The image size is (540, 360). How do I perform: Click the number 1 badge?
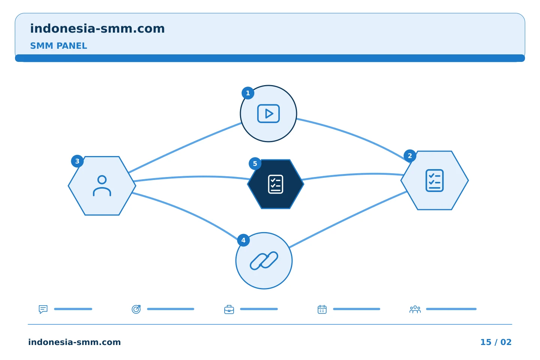coord(248,93)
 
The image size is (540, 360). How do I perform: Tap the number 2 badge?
coord(410,156)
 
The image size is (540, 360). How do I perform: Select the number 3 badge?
coord(77,161)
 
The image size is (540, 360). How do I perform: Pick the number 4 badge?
coord(243,240)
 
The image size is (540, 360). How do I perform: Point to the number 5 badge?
coord(255,164)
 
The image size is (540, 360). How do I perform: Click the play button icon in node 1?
coord(268,114)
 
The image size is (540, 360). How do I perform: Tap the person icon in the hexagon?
coord(102,186)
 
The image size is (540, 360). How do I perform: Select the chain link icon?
coord(264,261)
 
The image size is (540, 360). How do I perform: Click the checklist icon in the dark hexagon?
coord(276,184)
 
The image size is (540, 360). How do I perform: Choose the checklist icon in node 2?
coord(435,180)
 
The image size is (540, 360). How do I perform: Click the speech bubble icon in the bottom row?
coord(43,309)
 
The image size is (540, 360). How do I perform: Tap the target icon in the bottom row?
coord(136,309)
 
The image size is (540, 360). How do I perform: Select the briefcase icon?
coord(229,310)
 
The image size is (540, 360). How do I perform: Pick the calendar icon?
coord(322,309)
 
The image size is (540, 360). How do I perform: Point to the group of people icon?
coord(415,309)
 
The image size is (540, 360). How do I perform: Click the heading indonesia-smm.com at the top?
coord(97,28)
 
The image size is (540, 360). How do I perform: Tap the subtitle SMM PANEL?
coord(58,46)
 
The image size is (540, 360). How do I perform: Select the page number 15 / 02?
coord(496,342)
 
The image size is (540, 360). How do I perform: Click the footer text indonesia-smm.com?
coord(75,342)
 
